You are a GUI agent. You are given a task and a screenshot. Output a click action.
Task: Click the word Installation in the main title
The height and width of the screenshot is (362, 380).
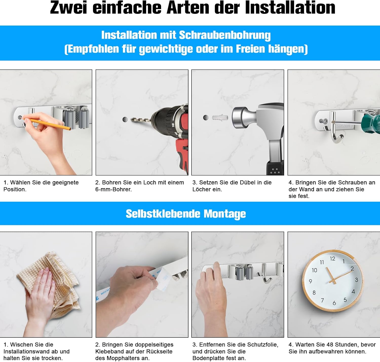pyautogui.click(x=290, y=8)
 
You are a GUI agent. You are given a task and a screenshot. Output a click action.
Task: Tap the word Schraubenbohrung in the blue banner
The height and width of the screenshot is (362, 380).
pyautogui.click(x=225, y=35)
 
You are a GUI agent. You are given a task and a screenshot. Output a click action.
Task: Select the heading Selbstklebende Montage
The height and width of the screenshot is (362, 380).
pyautogui.click(x=186, y=214)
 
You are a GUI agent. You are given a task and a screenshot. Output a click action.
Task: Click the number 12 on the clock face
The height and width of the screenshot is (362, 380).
pyautogui.click(x=332, y=259)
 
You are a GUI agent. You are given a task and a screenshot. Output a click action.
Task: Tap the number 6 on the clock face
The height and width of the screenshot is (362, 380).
pyautogui.click(x=334, y=303)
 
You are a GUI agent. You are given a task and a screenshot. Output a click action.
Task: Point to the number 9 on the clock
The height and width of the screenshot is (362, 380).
pyautogui.click(x=310, y=281)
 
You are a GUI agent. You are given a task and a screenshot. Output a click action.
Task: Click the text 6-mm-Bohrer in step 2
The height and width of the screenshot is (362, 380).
pyautogui.click(x=113, y=189)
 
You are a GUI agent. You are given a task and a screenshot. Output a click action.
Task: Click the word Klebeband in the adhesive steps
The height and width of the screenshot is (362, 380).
pyautogui.click(x=111, y=351)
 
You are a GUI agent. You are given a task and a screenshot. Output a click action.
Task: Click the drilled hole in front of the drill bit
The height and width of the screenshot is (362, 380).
pyautogui.click(x=125, y=119)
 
